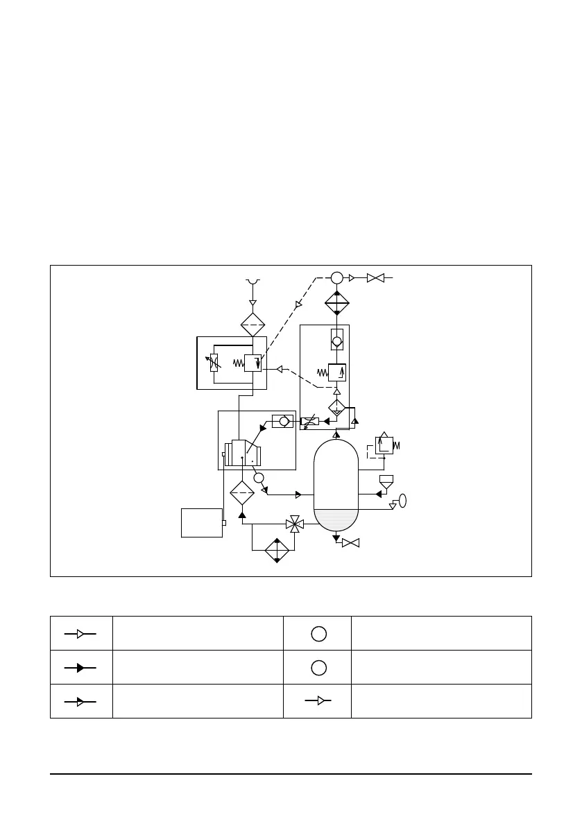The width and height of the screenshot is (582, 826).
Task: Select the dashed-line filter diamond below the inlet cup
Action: click(253, 325)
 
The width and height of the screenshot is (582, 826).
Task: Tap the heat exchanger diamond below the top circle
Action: click(336, 303)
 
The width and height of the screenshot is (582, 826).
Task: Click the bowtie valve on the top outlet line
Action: click(375, 278)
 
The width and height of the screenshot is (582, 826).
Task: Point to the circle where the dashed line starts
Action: click(336, 277)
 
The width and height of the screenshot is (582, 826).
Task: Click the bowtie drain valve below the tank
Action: click(351, 542)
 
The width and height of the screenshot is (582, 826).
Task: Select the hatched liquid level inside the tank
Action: click(336, 519)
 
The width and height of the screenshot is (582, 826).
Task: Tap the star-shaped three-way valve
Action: click(295, 524)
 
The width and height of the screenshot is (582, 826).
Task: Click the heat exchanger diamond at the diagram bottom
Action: click(277, 550)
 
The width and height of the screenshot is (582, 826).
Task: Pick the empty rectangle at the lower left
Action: click(202, 522)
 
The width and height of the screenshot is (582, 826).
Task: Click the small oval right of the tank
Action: click(402, 501)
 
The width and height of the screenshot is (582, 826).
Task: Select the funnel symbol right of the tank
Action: click(386, 480)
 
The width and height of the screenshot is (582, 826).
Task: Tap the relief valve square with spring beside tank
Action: click(384, 445)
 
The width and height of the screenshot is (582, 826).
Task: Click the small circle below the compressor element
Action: click(259, 477)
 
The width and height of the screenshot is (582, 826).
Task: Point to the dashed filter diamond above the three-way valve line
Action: click(242, 492)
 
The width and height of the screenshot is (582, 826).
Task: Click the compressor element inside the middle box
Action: click(243, 454)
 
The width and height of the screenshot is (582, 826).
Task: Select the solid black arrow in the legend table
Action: click(80, 667)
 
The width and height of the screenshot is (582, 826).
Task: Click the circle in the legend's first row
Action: click(318, 633)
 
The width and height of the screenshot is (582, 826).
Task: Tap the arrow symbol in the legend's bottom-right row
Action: click(318, 700)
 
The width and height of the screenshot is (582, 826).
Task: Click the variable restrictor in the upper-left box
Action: click(214, 362)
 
